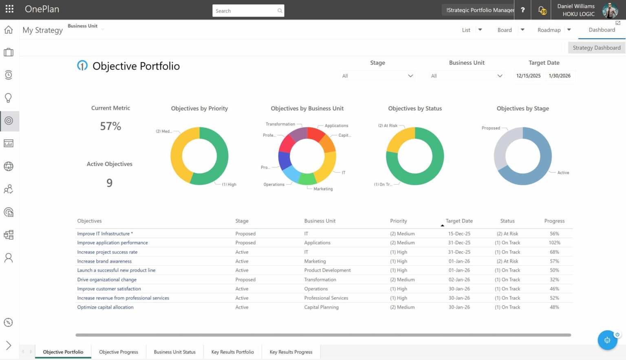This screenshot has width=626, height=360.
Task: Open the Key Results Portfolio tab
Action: pyautogui.click(x=232, y=352)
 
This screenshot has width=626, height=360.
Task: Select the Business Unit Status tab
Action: pyautogui.click(x=174, y=352)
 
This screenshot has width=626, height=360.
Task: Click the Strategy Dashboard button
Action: pyautogui.click(x=596, y=48)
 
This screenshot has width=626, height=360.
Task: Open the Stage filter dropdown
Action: pyautogui.click(x=377, y=76)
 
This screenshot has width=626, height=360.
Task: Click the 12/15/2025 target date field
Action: pyautogui.click(x=528, y=76)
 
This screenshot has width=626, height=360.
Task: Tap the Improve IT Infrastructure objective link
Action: pyautogui.click(x=104, y=234)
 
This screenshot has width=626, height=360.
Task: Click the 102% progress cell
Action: pyautogui.click(x=554, y=243)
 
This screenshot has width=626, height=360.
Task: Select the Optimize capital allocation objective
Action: pyautogui.click(x=105, y=307)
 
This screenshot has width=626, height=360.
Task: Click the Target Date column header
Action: pyautogui.click(x=459, y=221)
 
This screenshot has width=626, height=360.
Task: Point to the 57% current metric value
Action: pyautogui.click(x=110, y=126)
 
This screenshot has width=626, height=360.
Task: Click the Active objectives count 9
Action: pyautogui.click(x=109, y=183)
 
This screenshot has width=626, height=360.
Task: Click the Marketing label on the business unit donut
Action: pyautogui.click(x=323, y=189)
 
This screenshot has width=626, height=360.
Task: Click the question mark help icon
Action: pyautogui.click(x=522, y=10)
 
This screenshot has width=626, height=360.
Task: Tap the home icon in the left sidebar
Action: pyautogui.click(x=9, y=30)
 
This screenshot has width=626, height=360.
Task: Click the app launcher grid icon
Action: pyautogui.click(x=9, y=9)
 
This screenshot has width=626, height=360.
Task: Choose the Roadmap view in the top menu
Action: pyautogui.click(x=549, y=30)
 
